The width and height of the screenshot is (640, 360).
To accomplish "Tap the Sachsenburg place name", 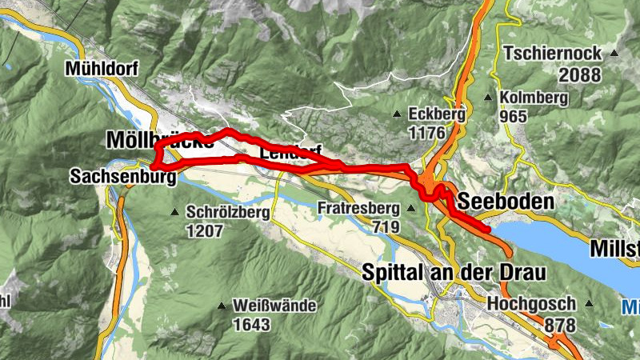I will point(122,176).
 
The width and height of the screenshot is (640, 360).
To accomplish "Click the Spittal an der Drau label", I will point(454,272).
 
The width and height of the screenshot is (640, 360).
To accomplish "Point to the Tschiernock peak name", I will point(551,54).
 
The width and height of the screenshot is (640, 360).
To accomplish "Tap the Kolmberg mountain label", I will point(534,98).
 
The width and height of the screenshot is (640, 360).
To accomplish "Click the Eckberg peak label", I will point(436,113).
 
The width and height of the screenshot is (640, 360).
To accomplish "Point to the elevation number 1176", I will point(425,130).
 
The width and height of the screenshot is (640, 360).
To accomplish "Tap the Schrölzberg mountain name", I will point(224,213).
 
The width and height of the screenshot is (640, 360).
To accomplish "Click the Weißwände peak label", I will point(274,306).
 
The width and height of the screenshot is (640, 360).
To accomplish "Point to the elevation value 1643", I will point(251,324).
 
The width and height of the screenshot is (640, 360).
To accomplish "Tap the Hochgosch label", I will point(531,305).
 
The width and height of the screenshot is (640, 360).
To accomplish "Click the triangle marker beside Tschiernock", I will point(614,54).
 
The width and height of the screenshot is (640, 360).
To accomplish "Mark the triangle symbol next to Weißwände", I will point(222,306).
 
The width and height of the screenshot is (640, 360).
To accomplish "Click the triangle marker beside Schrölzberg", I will point(175,212).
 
